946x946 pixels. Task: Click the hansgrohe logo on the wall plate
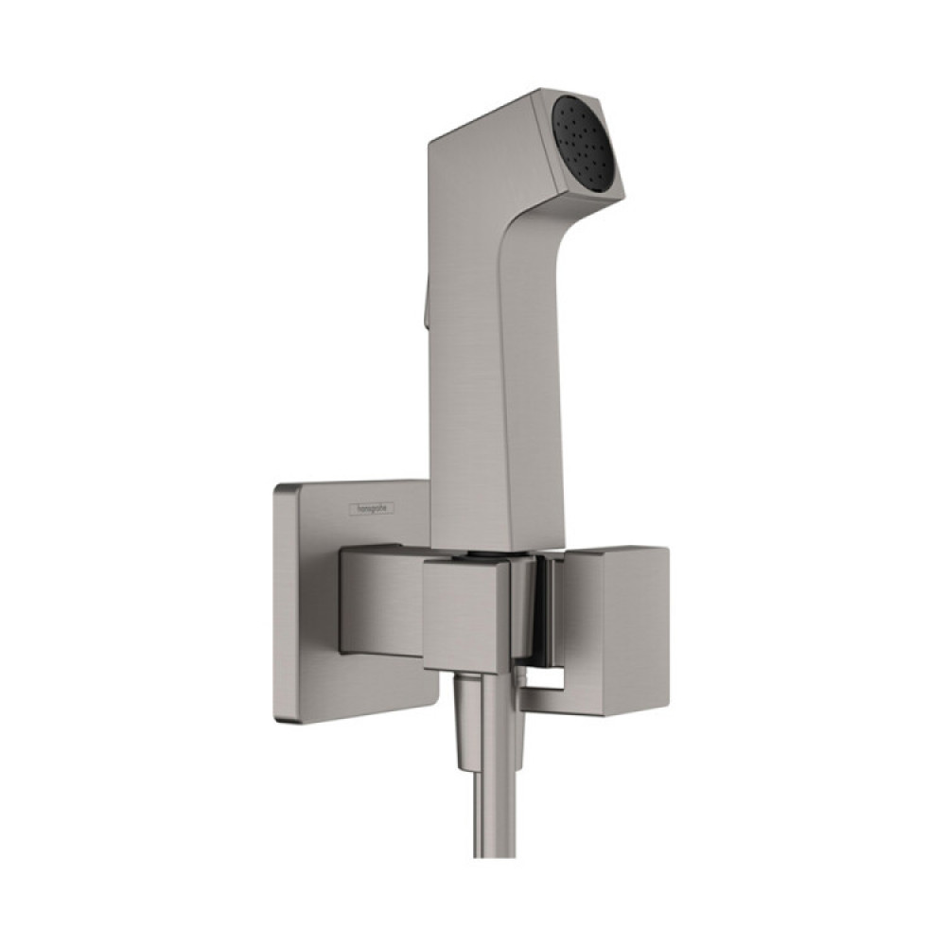(375, 508)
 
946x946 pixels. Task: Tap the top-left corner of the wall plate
(278, 488)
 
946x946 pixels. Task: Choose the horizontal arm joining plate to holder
(378, 601)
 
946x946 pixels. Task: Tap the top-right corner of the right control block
(667, 549)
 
